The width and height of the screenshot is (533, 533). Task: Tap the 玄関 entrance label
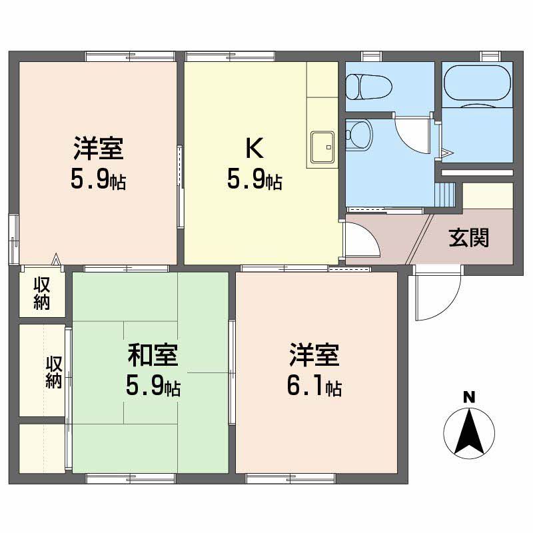point(468,237)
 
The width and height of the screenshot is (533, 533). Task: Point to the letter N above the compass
point(469,398)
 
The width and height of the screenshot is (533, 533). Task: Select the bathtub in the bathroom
point(477,84)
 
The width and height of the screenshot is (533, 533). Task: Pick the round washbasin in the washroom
point(360,131)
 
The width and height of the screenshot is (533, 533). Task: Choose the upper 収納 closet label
point(43,294)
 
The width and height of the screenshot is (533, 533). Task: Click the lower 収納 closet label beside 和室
point(54,372)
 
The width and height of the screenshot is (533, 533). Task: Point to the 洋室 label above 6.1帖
point(314,355)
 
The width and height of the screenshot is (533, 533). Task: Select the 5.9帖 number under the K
point(255,180)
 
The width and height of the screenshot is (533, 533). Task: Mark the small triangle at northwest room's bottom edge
point(57,259)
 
